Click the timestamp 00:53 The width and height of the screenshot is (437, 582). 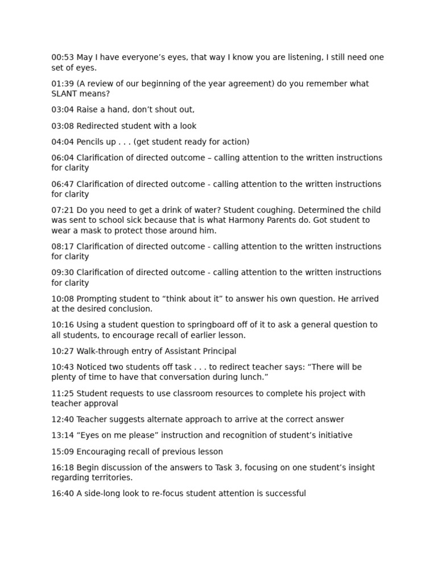(63, 57)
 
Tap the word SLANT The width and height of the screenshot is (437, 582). (64, 94)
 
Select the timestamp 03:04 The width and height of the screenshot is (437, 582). (63, 110)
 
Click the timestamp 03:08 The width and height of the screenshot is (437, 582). (63, 126)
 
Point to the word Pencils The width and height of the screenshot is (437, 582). (90, 142)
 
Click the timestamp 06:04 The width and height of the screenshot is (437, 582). (63, 157)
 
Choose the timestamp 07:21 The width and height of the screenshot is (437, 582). (63, 210)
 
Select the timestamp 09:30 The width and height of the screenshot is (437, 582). (63, 272)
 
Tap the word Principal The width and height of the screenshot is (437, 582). (218, 351)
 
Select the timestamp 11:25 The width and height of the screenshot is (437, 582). (63, 393)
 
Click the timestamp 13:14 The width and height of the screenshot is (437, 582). (63, 435)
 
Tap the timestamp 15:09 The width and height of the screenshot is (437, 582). (63, 451)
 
